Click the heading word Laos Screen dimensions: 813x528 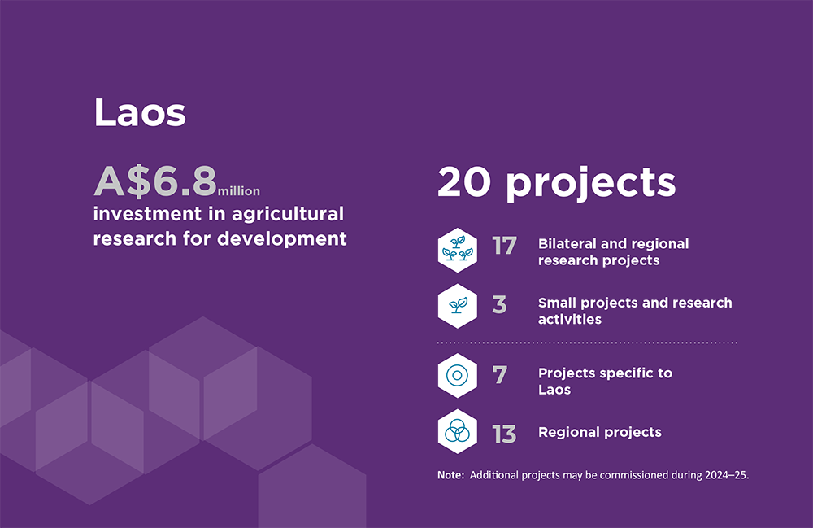point(140,112)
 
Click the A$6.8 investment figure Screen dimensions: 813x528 point(155,181)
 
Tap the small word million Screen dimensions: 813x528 point(239,191)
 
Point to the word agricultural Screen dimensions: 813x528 point(288,214)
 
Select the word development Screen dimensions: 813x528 point(282,238)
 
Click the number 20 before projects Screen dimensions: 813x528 point(464,182)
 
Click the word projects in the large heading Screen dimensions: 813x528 point(591,184)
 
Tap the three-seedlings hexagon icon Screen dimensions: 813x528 point(457,250)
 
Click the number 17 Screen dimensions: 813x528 point(505,246)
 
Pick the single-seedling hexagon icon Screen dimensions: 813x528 point(457,306)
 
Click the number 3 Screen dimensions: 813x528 point(499,304)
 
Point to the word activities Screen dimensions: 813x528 point(570,319)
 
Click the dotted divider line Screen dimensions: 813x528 point(587,343)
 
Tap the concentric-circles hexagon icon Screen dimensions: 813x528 point(457,376)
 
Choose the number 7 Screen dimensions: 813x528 point(500,375)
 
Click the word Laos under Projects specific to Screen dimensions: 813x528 point(554,390)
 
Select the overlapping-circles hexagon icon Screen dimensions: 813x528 point(457,431)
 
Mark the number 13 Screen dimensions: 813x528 point(504,434)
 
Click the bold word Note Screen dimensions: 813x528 point(450,474)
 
